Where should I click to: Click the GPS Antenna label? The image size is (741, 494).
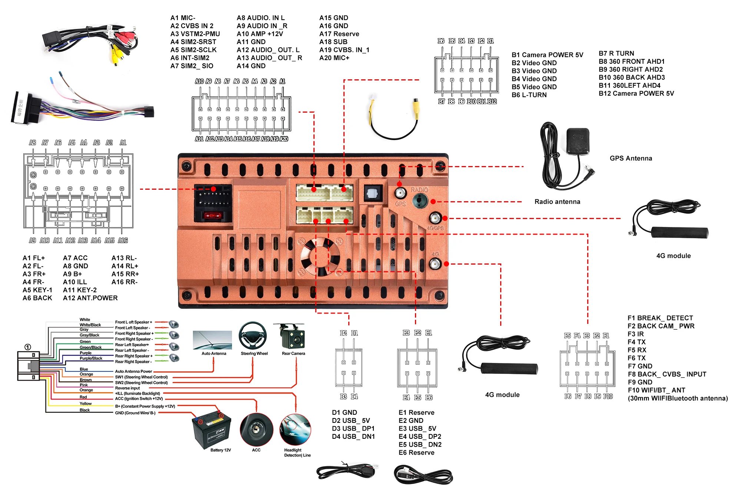(x=631, y=158)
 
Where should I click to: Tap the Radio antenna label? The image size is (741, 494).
(x=557, y=202)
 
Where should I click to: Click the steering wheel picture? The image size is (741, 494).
(x=253, y=335)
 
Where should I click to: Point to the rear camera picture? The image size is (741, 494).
(x=293, y=336)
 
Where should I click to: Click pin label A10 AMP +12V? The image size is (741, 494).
(x=260, y=34)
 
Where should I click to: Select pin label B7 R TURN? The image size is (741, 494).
(x=616, y=53)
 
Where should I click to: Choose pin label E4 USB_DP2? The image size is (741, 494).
(x=420, y=437)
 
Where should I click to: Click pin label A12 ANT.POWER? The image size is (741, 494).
(x=90, y=298)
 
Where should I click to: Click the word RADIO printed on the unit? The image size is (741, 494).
(x=419, y=190)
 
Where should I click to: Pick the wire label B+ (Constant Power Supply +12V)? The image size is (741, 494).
(x=145, y=407)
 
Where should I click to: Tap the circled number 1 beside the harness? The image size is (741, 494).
(x=28, y=347)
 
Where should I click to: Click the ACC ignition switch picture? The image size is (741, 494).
(x=256, y=430)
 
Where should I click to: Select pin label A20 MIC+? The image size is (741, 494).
(x=334, y=58)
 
